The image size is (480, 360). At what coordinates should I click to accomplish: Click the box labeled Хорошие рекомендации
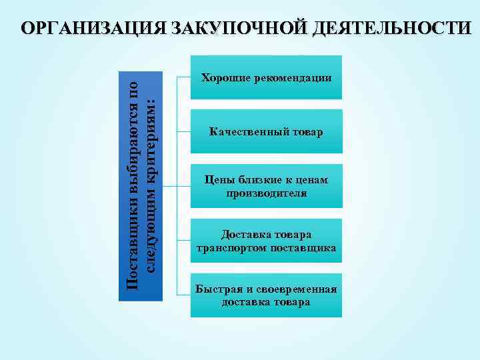(x=266, y=77)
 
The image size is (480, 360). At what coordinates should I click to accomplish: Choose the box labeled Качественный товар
(x=266, y=132)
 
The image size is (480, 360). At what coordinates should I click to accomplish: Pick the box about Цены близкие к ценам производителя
(x=266, y=187)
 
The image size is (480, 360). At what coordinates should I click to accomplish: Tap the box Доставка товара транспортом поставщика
(x=266, y=241)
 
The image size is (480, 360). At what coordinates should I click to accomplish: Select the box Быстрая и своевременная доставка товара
(x=266, y=295)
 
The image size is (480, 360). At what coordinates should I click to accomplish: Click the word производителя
(x=266, y=193)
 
